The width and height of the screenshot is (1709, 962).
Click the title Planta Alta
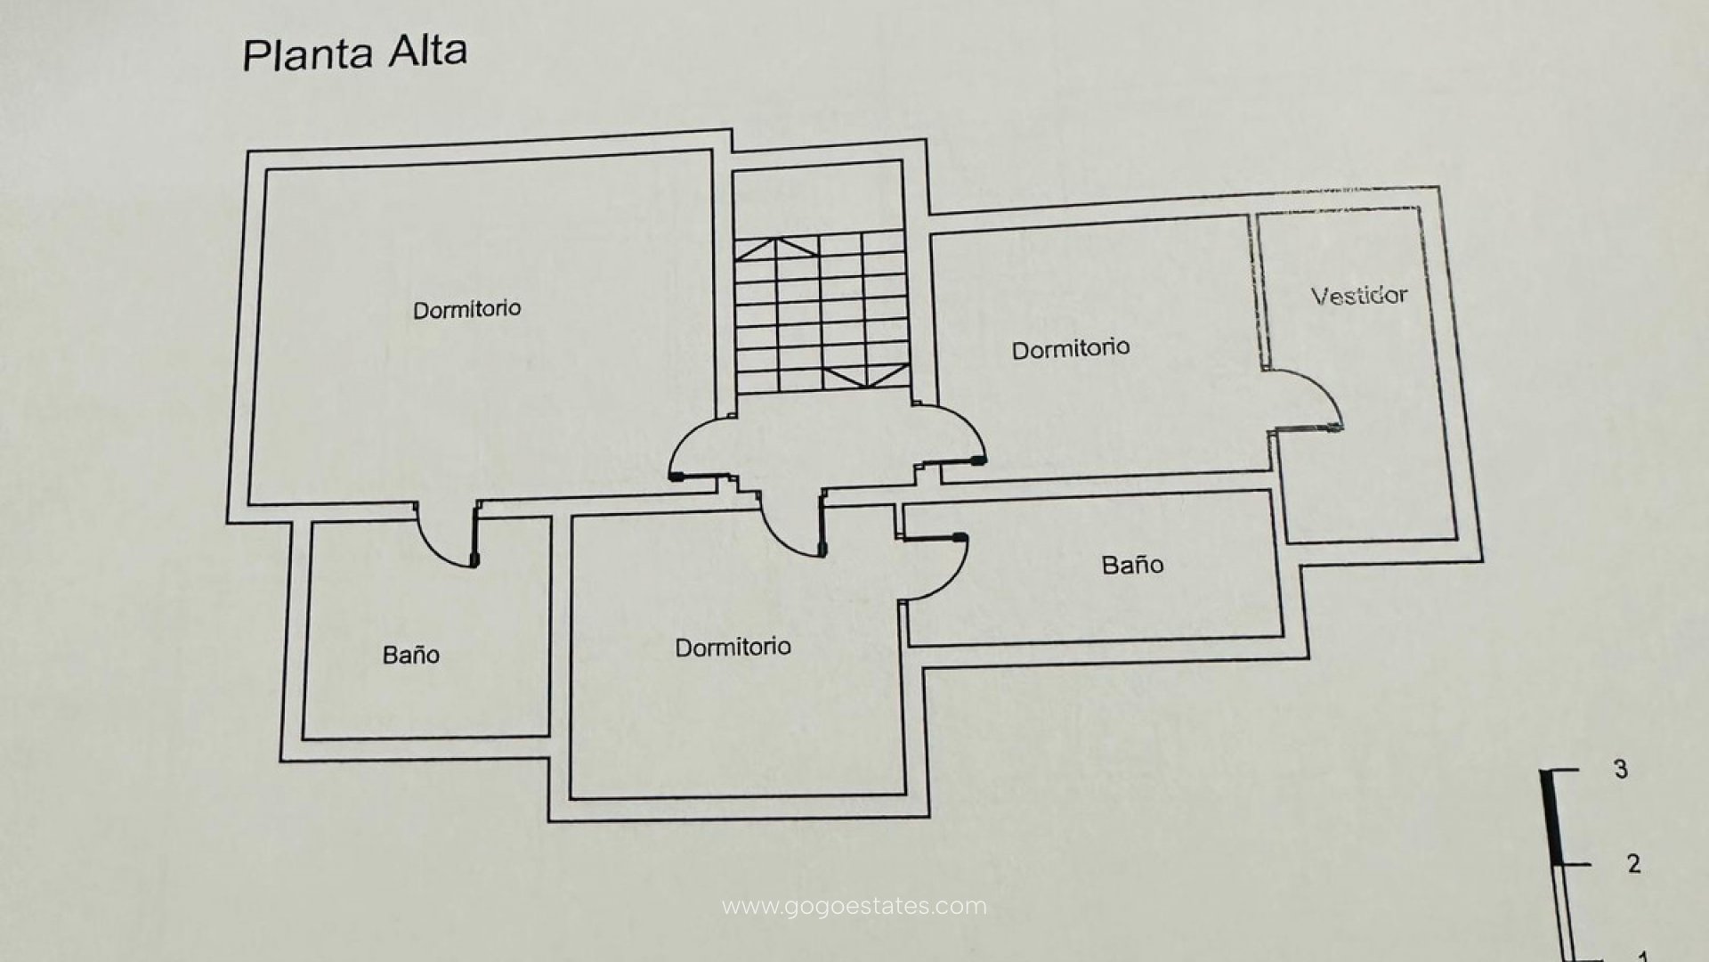pos(354,53)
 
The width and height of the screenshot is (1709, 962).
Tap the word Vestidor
pos(1359,295)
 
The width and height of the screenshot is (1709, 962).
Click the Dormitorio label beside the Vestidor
pos(1071,348)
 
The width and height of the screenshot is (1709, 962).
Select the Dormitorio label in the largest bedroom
pos(467,309)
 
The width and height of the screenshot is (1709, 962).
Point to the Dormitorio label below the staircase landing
pos(733,647)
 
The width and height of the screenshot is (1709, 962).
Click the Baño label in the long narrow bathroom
pos(1132,565)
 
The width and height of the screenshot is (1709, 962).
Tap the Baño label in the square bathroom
pos(410,655)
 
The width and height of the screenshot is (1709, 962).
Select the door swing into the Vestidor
pos(1303,400)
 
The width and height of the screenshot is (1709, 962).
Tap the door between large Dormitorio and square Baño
pos(448,534)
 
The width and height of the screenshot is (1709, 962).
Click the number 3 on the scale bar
pos(1621,769)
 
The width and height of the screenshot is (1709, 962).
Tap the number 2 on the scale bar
pos(1633,863)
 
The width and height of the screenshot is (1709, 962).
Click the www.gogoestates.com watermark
pos(854,907)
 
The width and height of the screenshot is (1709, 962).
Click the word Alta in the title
pos(427,52)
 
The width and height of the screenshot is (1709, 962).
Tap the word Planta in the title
pos(308,55)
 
